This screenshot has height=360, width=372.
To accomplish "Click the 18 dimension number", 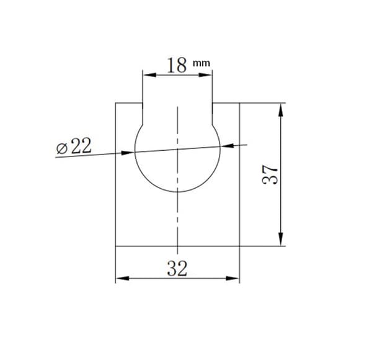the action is [x=177, y=65].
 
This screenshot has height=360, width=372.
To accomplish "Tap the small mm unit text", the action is [x=201, y=63].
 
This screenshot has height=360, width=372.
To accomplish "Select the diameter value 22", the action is [x=81, y=146].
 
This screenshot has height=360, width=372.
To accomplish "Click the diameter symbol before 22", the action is [x=61, y=149].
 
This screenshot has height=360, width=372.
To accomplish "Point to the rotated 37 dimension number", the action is [x=270, y=174].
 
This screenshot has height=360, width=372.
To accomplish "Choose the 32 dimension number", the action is [x=177, y=268].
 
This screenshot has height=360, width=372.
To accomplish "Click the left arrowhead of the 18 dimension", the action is [x=150, y=75].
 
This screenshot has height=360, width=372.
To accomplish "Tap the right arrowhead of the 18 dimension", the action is [x=205, y=75].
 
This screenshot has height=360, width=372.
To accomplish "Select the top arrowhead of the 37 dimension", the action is [x=281, y=110].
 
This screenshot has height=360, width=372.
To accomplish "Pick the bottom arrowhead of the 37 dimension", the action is [x=281, y=239].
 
